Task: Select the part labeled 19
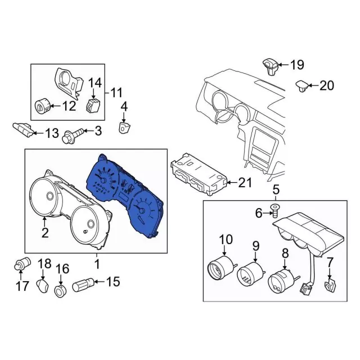269,65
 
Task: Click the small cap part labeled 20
302,85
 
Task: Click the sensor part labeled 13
21,130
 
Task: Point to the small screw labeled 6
275,212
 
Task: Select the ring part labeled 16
61,290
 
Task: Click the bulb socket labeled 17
22,262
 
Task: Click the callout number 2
45,232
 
